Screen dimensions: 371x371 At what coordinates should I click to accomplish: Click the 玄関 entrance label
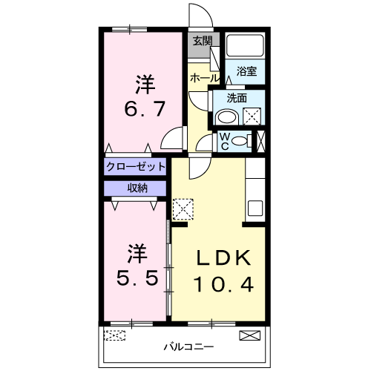(x=202, y=42)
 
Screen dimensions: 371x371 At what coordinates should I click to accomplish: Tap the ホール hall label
(x=204, y=77)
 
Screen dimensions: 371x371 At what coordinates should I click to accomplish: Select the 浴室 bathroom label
(x=246, y=71)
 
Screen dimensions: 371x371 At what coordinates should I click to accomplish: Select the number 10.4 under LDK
(x=224, y=283)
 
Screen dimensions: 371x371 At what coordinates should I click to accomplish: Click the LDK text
(x=224, y=257)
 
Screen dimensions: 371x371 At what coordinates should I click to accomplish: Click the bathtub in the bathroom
(x=245, y=46)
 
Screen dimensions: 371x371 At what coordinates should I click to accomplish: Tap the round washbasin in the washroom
(x=226, y=116)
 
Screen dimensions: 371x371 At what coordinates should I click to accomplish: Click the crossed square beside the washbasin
(x=252, y=116)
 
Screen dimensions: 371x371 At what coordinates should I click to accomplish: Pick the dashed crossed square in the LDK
(x=183, y=208)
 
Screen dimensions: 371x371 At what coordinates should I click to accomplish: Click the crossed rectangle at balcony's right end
(x=250, y=335)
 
